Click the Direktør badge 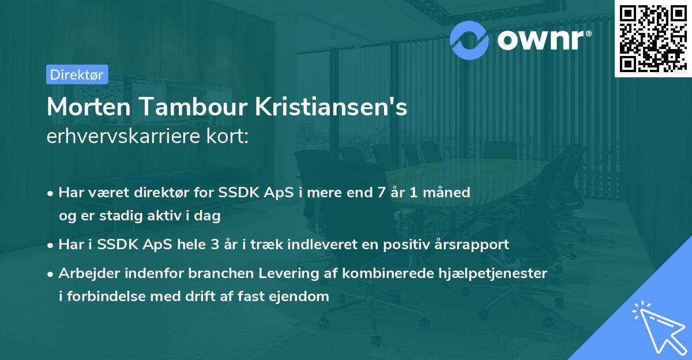click(x=77, y=74)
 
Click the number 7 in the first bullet click(x=381, y=192)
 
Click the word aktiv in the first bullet click(x=163, y=216)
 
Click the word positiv click(x=403, y=245)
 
